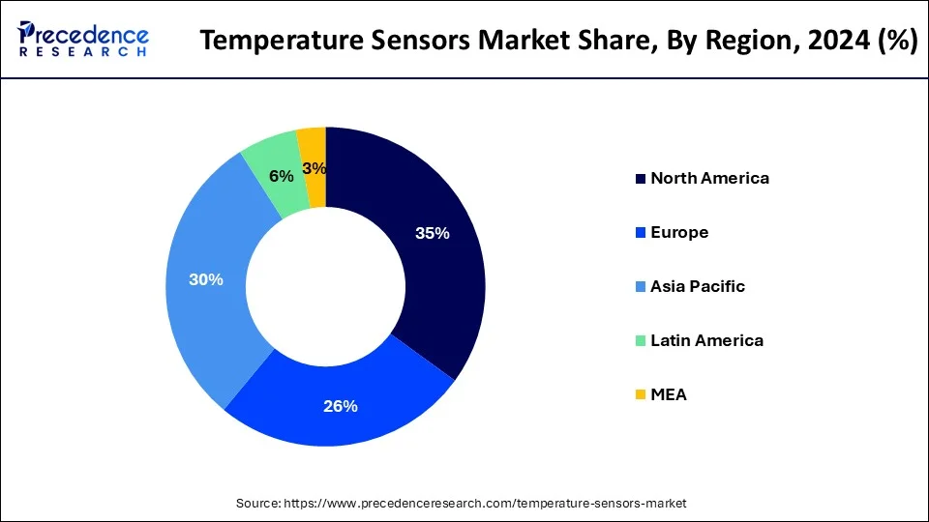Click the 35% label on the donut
[432, 233]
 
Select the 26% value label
[341, 406]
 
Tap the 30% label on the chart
[207, 279]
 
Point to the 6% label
[282, 176]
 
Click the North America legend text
[709, 178]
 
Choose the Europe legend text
[679, 232]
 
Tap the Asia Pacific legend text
[698, 286]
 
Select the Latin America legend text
[706, 340]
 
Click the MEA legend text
[669, 394]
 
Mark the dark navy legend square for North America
[641, 179]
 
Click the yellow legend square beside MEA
[641, 395]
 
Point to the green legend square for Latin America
[641, 341]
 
